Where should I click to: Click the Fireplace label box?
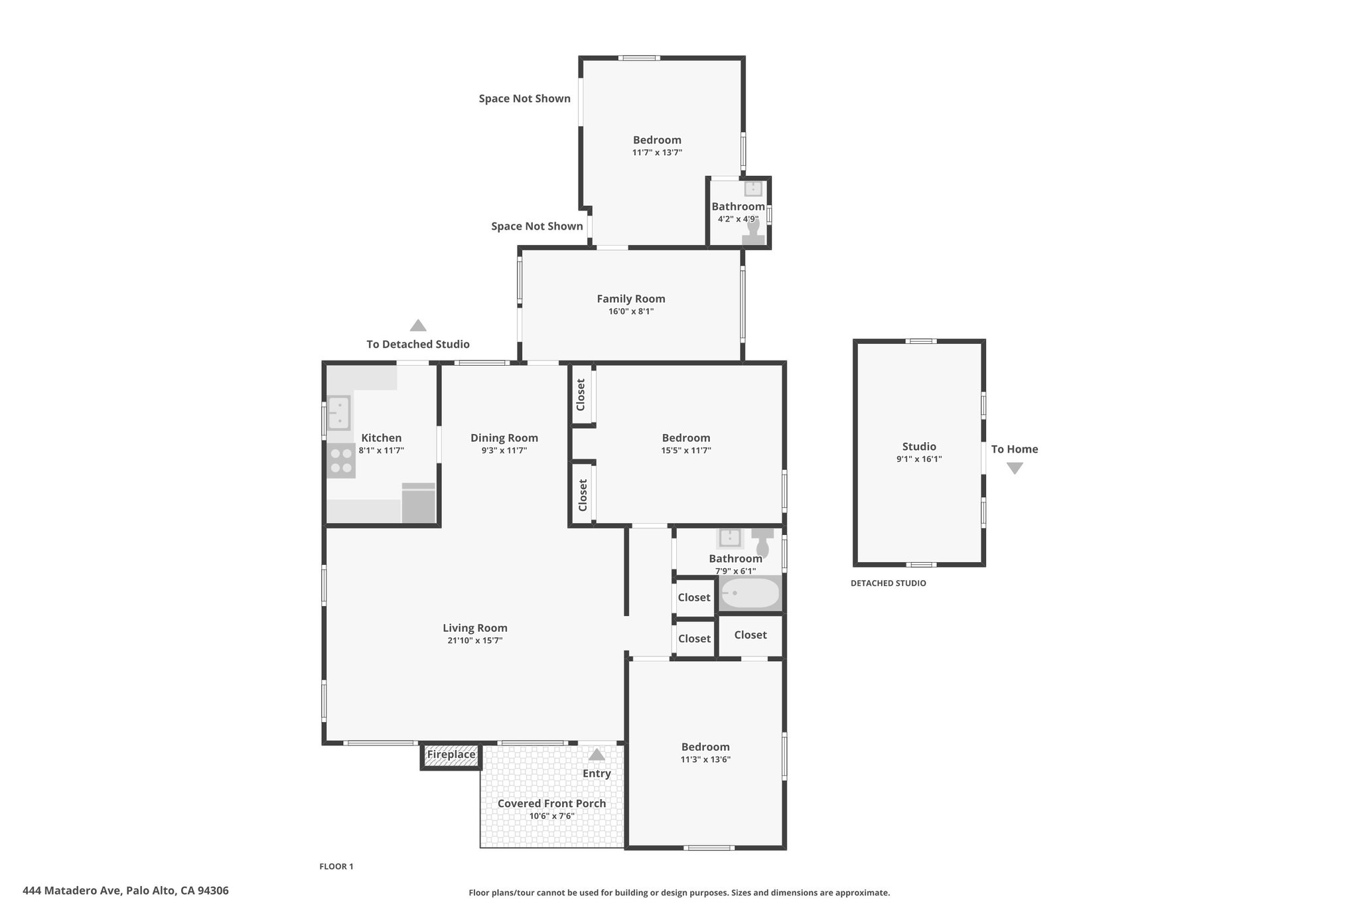pyautogui.click(x=451, y=755)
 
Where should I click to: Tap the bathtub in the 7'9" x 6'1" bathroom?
pyautogui.click(x=750, y=593)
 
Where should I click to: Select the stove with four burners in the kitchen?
pyautogui.click(x=341, y=461)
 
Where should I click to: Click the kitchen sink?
pyautogui.click(x=339, y=413)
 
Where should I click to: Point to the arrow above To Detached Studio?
pyautogui.click(x=417, y=325)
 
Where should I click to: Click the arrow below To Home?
pyautogui.click(x=1015, y=468)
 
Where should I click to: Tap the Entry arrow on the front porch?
pyautogui.click(x=597, y=754)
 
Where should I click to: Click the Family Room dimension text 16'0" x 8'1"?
pyautogui.click(x=631, y=311)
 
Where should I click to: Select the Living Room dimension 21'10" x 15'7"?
pyautogui.click(x=474, y=641)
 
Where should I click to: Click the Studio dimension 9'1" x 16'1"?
pyautogui.click(x=919, y=459)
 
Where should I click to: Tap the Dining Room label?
pyautogui.click(x=504, y=438)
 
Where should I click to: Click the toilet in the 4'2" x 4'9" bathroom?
pyautogui.click(x=753, y=232)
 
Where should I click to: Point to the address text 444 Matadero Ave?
pyautogui.click(x=72, y=891)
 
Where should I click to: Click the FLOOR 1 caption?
pyautogui.click(x=336, y=866)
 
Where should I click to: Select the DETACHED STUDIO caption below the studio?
pyautogui.click(x=889, y=583)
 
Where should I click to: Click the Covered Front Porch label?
pyautogui.click(x=551, y=803)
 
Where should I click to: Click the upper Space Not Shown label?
pyautogui.click(x=524, y=99)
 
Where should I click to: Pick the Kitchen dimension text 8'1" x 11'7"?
pyautogui.click(x=382, y=451)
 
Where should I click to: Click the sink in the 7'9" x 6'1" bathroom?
pyautogui.click(x=730, y=537)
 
